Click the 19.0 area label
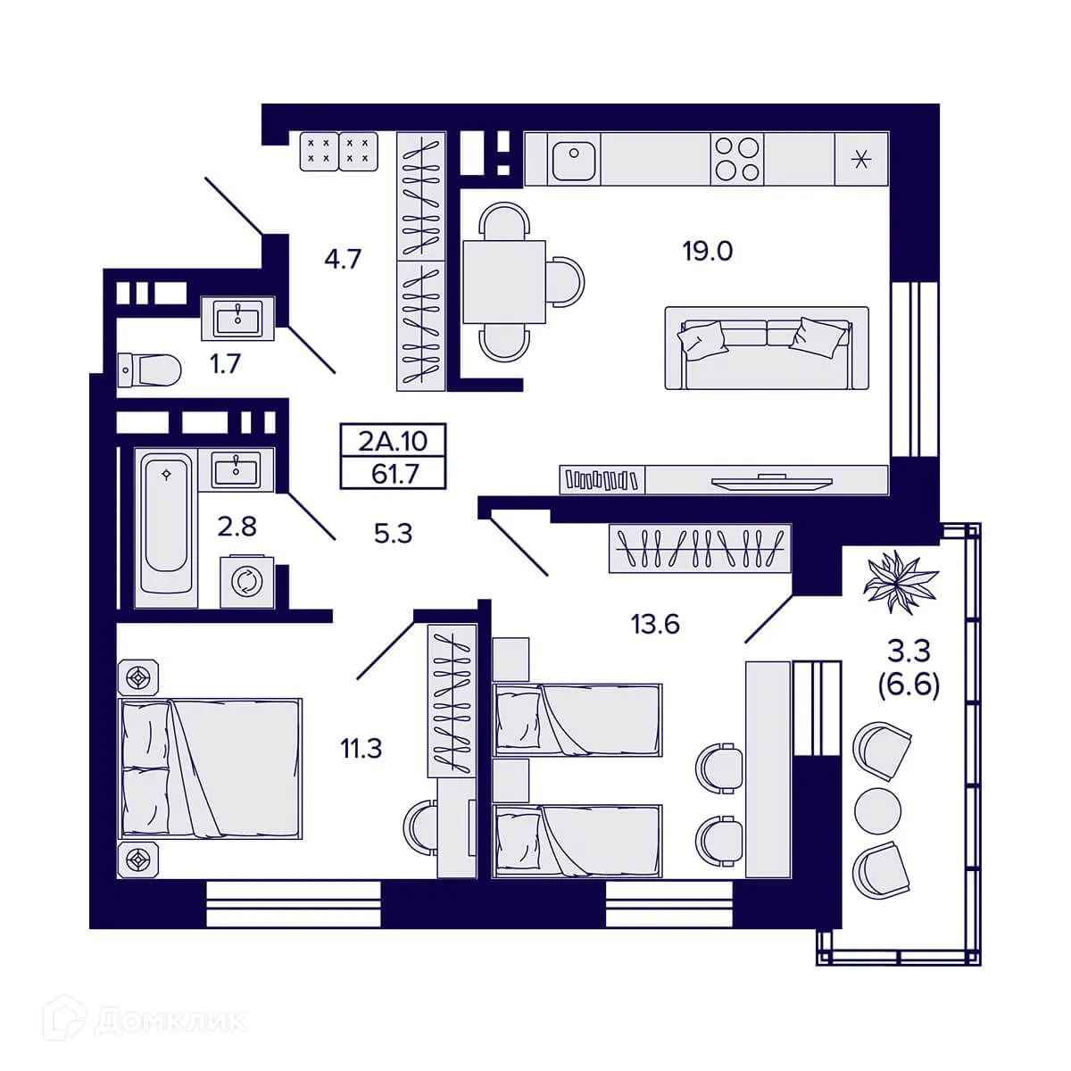coord(707,252)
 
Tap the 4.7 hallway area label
coord(342,260)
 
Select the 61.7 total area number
coord(394,473)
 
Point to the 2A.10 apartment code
coord(393,441)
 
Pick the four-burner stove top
coord(738,159)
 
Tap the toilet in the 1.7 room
coord(150,368)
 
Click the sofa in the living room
coord(766,348)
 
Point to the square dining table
coord(503,281)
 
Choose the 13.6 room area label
coord(655,625)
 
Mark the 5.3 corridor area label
coord(393,535)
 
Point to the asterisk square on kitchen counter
coord(860,160)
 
